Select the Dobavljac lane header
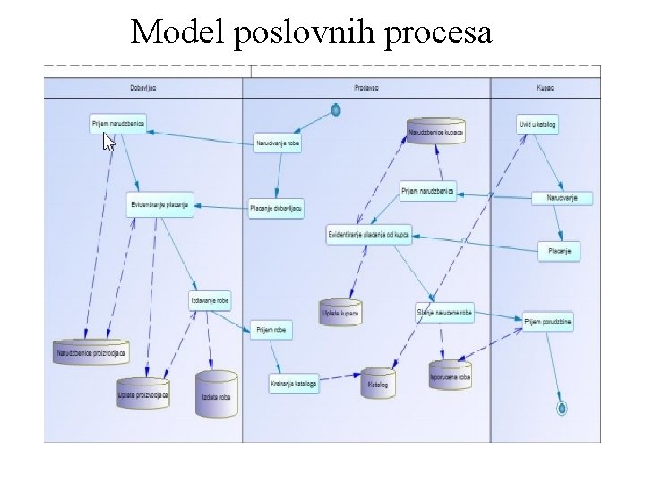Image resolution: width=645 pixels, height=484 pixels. tap(143, 88)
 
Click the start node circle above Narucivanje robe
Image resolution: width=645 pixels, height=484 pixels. tap(335, 109)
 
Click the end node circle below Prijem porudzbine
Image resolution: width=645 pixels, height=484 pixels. tap(562, 408)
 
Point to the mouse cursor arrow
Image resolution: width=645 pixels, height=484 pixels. tap(108, 142)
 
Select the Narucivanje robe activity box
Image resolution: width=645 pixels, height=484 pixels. tap(278, 143)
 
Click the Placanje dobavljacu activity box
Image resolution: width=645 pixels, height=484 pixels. tap(276, 207)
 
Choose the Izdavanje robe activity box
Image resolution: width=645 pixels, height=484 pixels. tap(211, 301)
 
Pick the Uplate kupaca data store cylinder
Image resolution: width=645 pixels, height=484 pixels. tap(340, 312)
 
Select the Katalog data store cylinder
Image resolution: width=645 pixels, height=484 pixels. tap(378, 383)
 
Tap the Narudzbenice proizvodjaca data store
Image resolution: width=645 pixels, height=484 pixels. tap(90, 351)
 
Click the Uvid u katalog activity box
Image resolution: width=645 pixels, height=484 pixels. tap(537, 125)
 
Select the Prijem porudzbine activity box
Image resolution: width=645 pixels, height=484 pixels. tap(548, 320)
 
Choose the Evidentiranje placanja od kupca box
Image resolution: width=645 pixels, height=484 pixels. tap(369, 234)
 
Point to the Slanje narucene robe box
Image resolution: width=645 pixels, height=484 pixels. tap(444, 312)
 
